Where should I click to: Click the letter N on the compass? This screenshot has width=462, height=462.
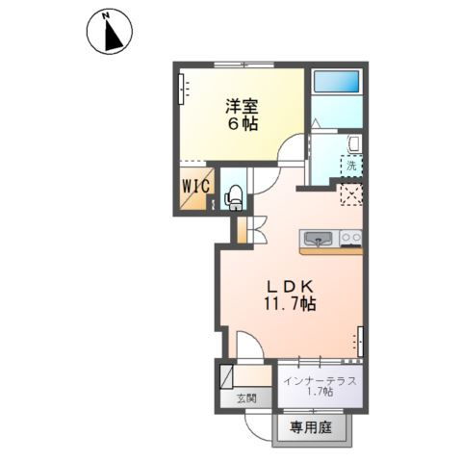(105, 14)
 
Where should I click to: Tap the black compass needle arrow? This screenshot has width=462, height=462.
(113, 36)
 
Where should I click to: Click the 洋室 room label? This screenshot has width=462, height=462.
(242, 107)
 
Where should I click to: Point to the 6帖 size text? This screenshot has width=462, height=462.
(243, 124)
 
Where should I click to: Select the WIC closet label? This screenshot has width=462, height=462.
(195, 186)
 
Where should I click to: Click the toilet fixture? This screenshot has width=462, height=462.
(234, 197)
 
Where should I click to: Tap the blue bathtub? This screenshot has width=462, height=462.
(336, 82)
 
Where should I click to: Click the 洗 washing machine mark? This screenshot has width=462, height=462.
(351, 167)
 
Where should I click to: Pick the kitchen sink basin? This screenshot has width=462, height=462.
(319, 239)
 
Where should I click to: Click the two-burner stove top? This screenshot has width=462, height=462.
(351, 239)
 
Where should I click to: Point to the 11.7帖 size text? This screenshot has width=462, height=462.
(290, 303)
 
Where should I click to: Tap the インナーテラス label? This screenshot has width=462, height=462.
(321, 381)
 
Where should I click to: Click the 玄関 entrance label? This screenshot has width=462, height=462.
(246, 398)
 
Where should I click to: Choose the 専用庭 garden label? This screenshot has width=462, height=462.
(311, 427)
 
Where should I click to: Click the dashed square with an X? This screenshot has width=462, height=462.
(351, 194)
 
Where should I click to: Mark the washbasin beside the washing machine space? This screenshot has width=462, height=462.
(354, 143)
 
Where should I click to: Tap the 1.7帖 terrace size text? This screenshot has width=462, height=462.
(320, 392)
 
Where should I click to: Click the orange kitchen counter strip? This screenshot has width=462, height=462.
(331, 251)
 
